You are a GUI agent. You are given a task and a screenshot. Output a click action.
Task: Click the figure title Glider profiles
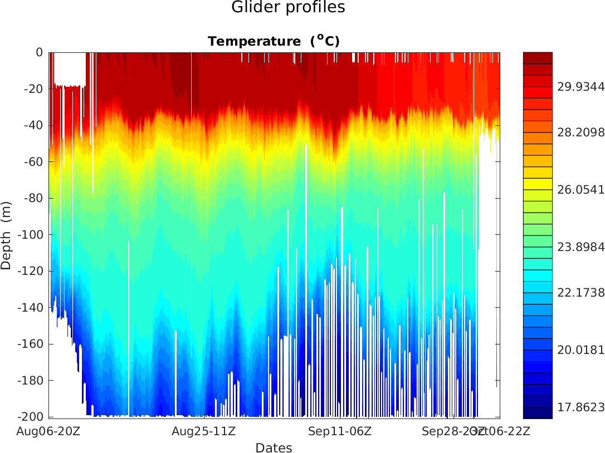[288, 8]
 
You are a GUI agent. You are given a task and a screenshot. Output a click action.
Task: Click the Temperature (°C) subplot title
[274, 41]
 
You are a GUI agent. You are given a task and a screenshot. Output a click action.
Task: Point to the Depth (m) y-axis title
[7, 235]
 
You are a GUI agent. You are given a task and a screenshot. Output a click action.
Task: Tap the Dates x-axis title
[274, 447]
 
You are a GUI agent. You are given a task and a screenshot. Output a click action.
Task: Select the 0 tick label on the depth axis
[39, 52]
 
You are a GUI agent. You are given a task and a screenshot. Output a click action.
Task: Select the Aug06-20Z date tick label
[48, 431]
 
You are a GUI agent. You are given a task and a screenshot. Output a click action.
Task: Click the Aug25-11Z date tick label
[203, 431]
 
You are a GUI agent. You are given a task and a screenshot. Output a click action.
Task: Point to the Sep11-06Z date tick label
[340, 431]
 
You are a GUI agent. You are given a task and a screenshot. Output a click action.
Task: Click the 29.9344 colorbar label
[581, 86]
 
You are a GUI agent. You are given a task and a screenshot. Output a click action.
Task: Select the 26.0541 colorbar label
[581, 190]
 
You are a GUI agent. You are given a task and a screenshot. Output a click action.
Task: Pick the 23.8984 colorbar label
[581, 247]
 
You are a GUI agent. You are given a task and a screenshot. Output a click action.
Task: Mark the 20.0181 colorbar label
[581, 349]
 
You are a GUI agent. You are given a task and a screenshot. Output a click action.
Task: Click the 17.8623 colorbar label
[581, 407]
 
